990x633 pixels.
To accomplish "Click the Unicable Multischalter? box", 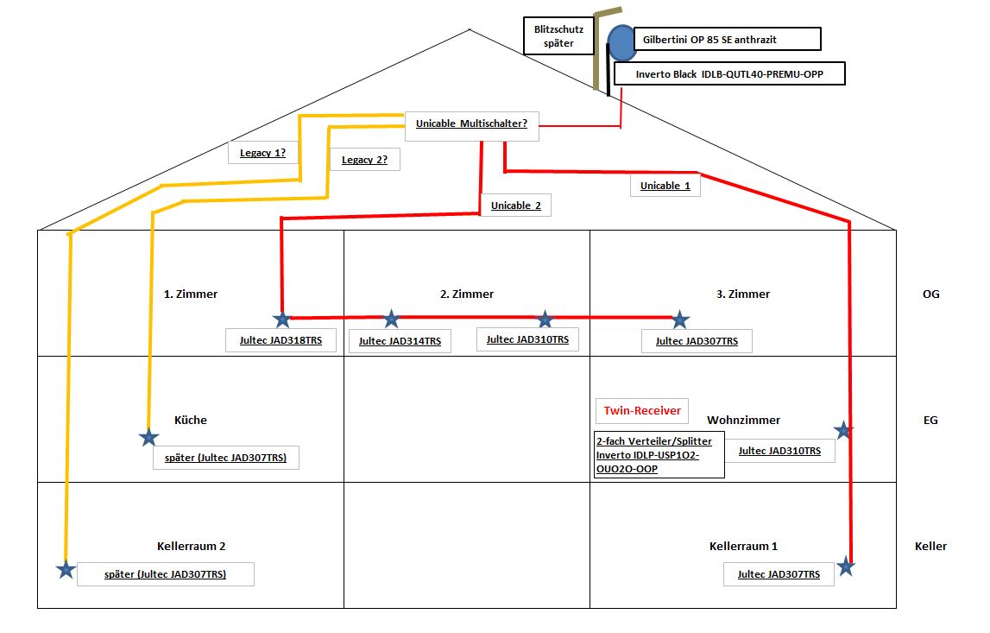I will pyautogui.click(x=471, y=124).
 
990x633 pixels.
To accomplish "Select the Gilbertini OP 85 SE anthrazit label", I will pyautogui.click(x=727, y=40).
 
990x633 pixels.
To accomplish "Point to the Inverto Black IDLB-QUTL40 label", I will pyautogui.click(x=729, y=74).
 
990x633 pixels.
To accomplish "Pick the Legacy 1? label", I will pyautogui.click(x=262, y=154).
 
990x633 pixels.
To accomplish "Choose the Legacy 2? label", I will pyautogui.click(x=364, y=160).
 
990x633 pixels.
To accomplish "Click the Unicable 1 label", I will pyautogui.click(x=665, y=186).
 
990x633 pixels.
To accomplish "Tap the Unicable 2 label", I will pyautogui.click(x=516, y=206).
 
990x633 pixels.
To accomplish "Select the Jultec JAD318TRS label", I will pyautogui.click(x=281, y=340).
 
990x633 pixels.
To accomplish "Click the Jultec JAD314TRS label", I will pyautogui.click(x=400, y=341).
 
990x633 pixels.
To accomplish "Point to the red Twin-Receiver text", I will pyautogui.click(x=642, y=411).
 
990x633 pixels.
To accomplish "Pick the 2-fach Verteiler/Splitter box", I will pyautogui.click(x=659, y=454).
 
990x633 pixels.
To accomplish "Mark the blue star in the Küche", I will pyautogui.click(x=149, y=438).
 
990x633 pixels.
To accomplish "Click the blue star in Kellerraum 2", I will pyautogui.click(x=65, y=569).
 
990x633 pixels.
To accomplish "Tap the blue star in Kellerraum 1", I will pyautogui.click(x=846, y=567).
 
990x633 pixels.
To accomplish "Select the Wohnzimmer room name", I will pyautogui.click(x=743, y=421).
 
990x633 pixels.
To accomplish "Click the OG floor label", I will pyautogui.click(x=930, y=294).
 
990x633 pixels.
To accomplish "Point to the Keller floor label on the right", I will pyautogui.click(x=930, y=546).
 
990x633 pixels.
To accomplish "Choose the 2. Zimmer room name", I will pyautogui.click(x=467, y=294).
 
